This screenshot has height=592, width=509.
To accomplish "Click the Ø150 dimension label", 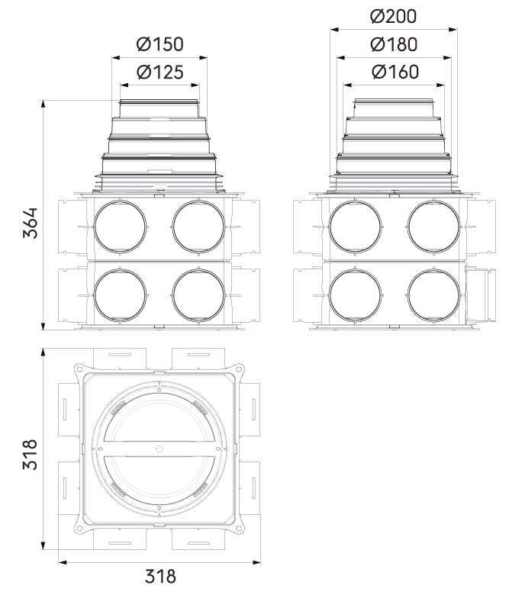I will [x=159, y=44].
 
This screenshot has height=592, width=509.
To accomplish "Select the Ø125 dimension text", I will [x=159, y=72].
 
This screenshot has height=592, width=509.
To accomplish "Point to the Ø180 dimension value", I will [x=393, y=44].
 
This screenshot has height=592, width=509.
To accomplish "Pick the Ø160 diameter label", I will [x=393, y=72].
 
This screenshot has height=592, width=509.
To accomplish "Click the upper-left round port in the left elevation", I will [x=120, y=227].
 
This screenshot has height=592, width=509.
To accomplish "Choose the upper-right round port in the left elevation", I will [x=198, y=227].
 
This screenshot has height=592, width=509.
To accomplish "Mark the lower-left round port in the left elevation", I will [x=120, y=294].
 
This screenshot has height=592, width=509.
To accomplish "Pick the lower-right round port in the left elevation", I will [x=198, y=294].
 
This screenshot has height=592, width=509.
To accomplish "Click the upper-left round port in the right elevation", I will [x=355, y=227].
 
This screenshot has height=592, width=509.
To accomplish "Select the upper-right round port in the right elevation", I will [x=433, y=227].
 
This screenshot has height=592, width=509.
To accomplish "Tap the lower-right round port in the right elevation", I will [x=433, y=294].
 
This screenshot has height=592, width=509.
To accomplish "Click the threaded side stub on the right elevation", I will [x=479, y=294].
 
